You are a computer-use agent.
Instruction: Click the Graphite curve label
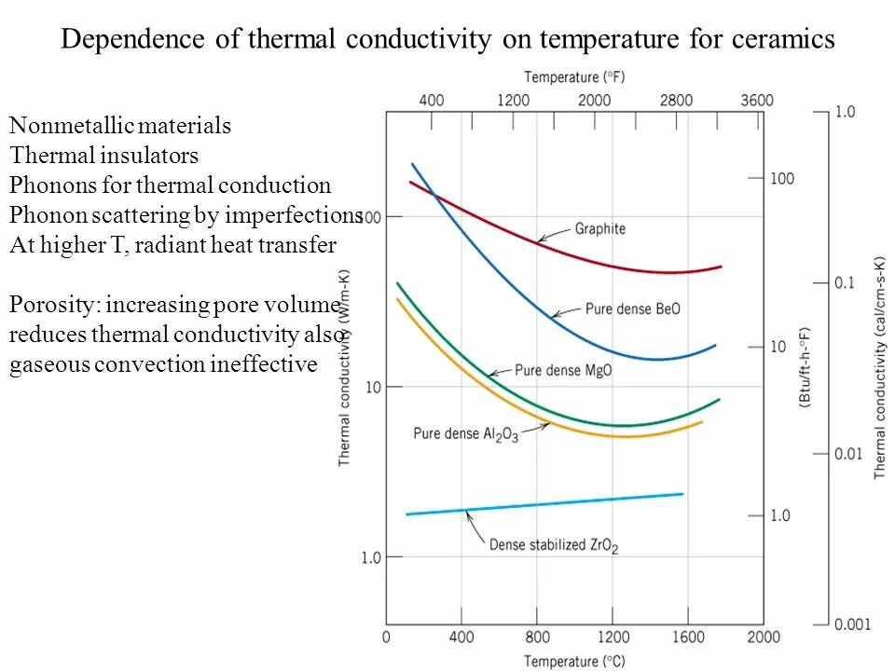pos(599,229)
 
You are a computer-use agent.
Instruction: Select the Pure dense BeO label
pos(632,309)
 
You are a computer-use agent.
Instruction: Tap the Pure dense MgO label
pos(563,370)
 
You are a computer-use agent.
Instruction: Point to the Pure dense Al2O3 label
pos(465,433)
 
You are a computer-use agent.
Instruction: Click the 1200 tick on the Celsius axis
pos(612,637)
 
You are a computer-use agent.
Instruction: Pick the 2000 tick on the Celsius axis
pos(763,637)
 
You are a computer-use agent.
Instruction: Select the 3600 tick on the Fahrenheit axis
pos(756,101)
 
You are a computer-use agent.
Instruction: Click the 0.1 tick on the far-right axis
pos(843,282)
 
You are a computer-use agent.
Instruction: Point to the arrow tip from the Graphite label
pos(539,241)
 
